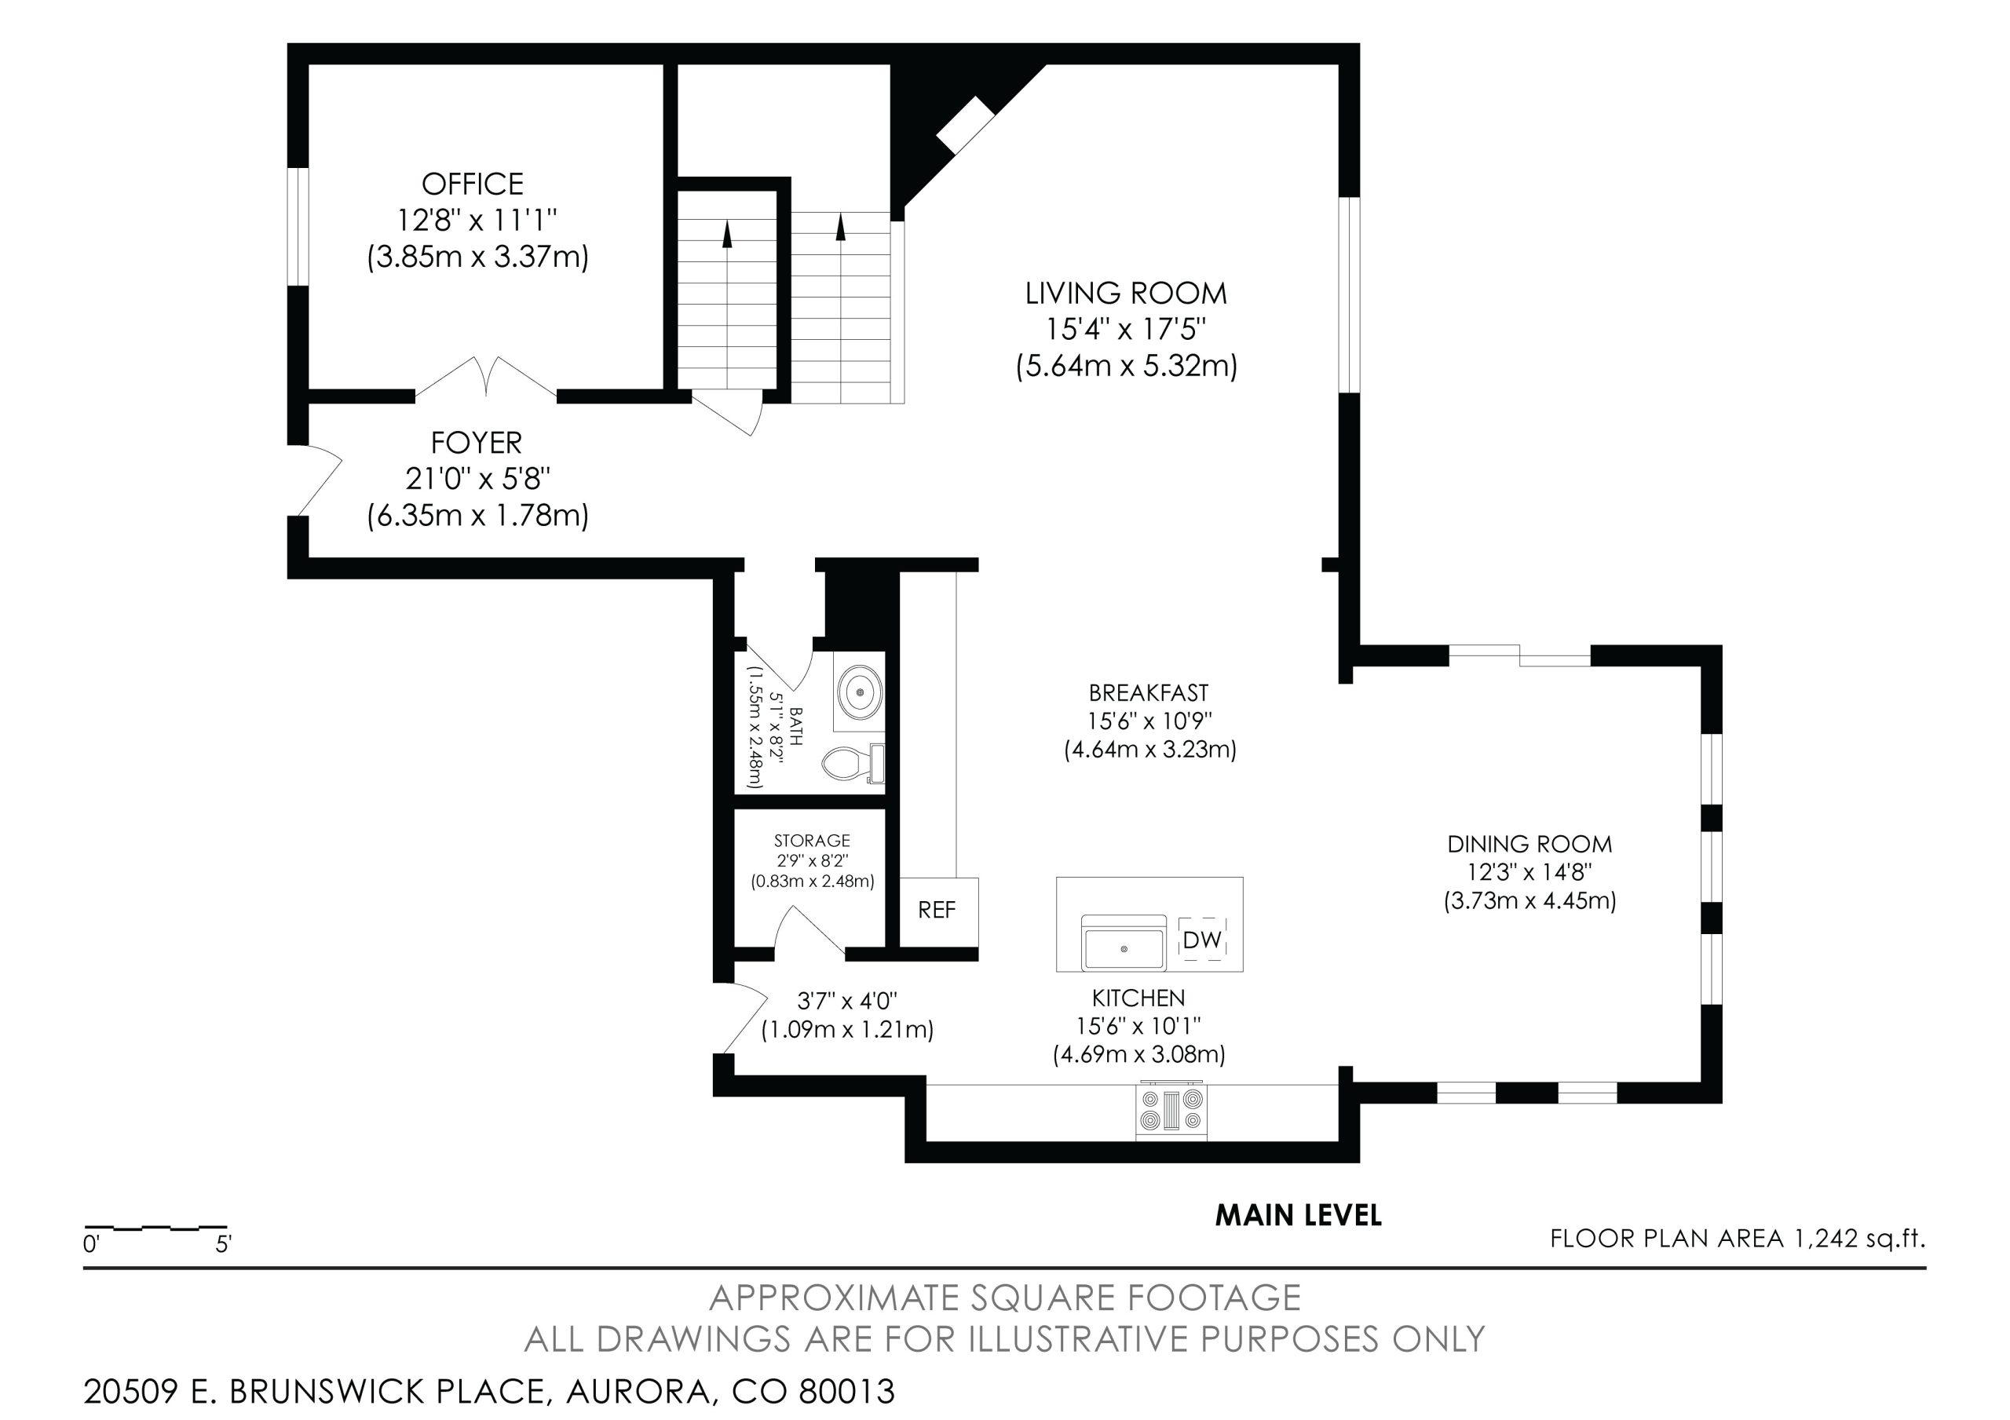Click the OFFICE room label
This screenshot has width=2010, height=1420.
(473, 184)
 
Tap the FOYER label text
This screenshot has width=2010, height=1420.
(477, 443)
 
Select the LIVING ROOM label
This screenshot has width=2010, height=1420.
(1126, 294)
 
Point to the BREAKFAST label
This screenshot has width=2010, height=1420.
(1149, 692)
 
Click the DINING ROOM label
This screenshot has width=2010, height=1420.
(1529, 844)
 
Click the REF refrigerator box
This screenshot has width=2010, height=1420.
(938, 911)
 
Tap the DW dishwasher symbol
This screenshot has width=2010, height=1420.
(1202, 940)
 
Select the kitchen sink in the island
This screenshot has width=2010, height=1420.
(1124, 943)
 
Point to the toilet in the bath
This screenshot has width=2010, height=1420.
(853, 764)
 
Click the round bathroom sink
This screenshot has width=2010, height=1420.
(861, 692)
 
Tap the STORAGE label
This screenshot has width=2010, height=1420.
(812, 841)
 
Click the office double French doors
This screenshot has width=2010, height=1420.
(486, 378)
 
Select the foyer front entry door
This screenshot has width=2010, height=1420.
(317, 481)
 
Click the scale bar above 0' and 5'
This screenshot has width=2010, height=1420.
(155, 1228)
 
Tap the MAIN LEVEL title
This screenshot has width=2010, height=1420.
(1299, 1215)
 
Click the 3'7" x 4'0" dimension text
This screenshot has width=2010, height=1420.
(846, 1001)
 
